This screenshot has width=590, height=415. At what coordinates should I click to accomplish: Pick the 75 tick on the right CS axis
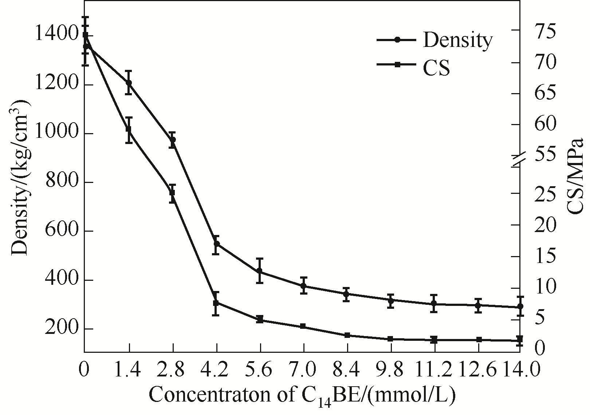click(546, 32)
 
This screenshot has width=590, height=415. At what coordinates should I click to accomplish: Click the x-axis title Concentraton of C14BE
click(302, 396)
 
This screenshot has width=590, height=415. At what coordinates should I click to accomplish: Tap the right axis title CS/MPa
click(575, 176)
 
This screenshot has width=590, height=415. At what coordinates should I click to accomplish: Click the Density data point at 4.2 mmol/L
click(216, 244)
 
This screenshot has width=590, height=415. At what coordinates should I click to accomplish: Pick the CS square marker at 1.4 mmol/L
click(129, 129)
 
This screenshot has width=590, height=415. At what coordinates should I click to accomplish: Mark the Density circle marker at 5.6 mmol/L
click(260, 271)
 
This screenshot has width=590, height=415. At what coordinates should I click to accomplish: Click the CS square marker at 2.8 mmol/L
click(172, 192)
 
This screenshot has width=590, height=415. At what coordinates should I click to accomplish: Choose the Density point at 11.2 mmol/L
click(434, 303)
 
